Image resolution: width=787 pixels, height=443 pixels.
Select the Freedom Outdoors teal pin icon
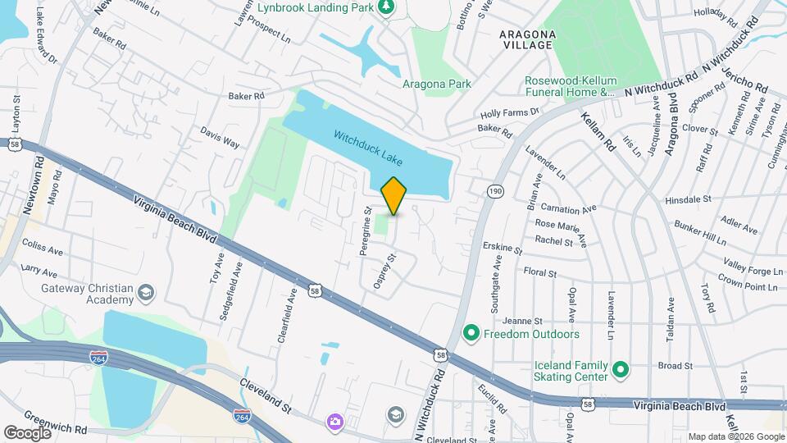click(471, 334)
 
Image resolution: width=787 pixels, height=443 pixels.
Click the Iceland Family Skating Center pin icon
click(621, 371)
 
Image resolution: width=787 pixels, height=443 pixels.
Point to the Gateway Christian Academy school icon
click(145, 293)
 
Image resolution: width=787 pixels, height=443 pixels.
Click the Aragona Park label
click(437, 84)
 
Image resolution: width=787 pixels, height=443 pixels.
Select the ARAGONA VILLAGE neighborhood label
click(528, 39)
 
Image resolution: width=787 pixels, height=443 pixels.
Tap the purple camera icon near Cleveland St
click(334, 422)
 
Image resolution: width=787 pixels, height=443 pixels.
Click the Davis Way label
click(220, 137)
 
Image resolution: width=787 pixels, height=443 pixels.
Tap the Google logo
click(27, 433)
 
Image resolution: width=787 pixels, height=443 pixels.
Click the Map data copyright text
click(735, 436)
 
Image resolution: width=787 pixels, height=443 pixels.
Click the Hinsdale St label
click(689, 199)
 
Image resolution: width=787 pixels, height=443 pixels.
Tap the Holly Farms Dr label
click(511, 112)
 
